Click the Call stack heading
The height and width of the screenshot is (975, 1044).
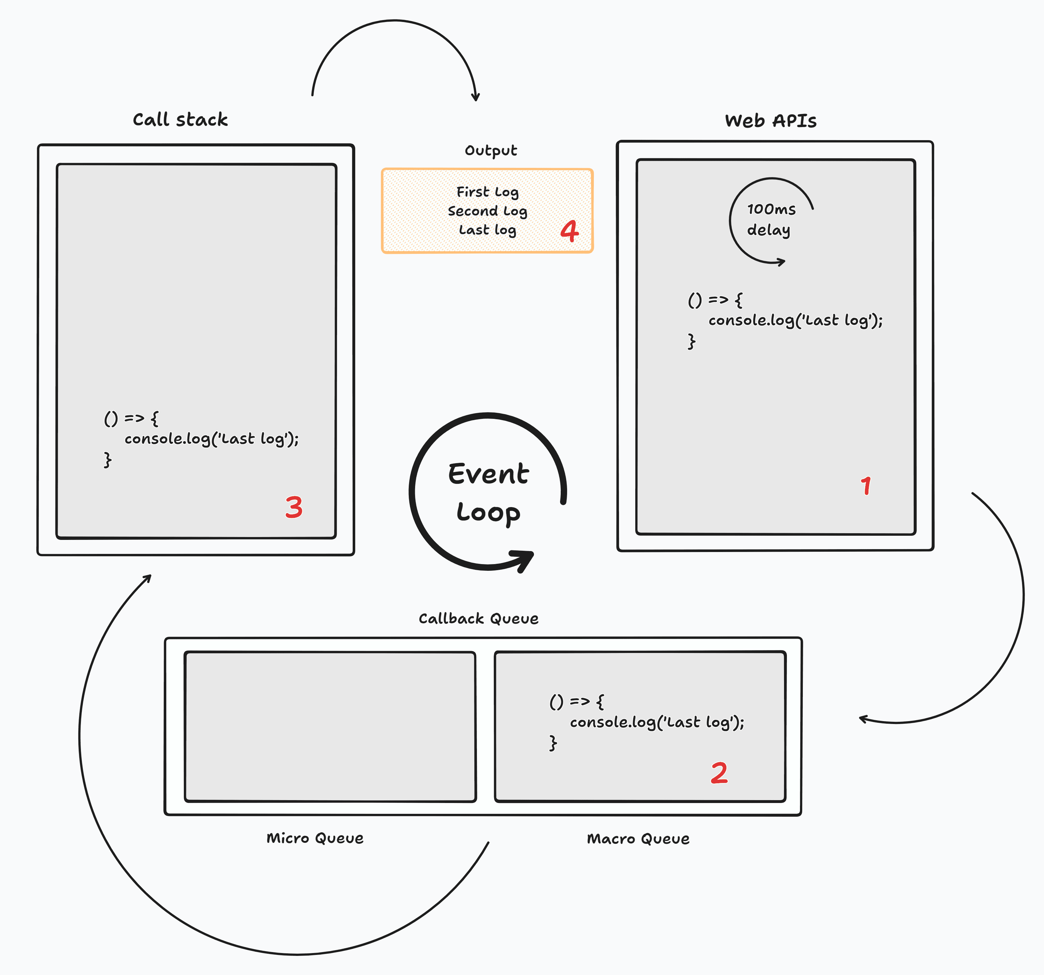[x=180, y=120]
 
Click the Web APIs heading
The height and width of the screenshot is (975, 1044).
[x=770, y=121]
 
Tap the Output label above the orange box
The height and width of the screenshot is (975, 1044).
[x=491, y=151]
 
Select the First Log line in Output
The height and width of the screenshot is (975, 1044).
[x=487, y=192]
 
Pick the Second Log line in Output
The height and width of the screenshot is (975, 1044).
[x=487, y=211]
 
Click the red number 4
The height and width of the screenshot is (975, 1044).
[x=569, y=231]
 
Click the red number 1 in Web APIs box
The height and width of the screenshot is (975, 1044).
[x=866, y=486]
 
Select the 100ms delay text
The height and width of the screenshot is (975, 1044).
[x=770, y=219]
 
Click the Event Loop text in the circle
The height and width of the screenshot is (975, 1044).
[x=488, y=492]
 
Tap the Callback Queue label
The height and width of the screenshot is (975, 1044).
[x=479, y=619]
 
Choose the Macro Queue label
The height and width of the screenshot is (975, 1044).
[x=638, y=838]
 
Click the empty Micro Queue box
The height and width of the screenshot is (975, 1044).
[x=330, y=727]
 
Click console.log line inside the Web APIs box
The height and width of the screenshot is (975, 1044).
[x=795, y=320]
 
